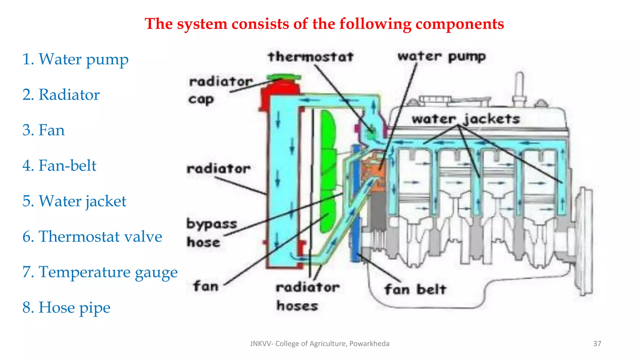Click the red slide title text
(324, 24)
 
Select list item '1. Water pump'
(75, 59)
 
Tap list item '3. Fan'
(43, 130)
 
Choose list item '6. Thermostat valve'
(92, 237)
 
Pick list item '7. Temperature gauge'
(100, 272)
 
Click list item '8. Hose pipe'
(66, 307)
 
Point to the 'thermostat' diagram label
(311, 57)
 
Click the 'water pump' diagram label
(441, 57)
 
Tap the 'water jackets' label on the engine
(466, 119)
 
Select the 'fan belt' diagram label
(415, 289)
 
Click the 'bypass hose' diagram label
(212, 233)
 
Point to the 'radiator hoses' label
(307, 296)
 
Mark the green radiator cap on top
(284, 77)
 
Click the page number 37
(597, 344)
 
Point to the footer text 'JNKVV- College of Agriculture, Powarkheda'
(320, 344)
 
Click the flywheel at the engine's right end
(584, 241)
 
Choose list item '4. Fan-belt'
(59, 166)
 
